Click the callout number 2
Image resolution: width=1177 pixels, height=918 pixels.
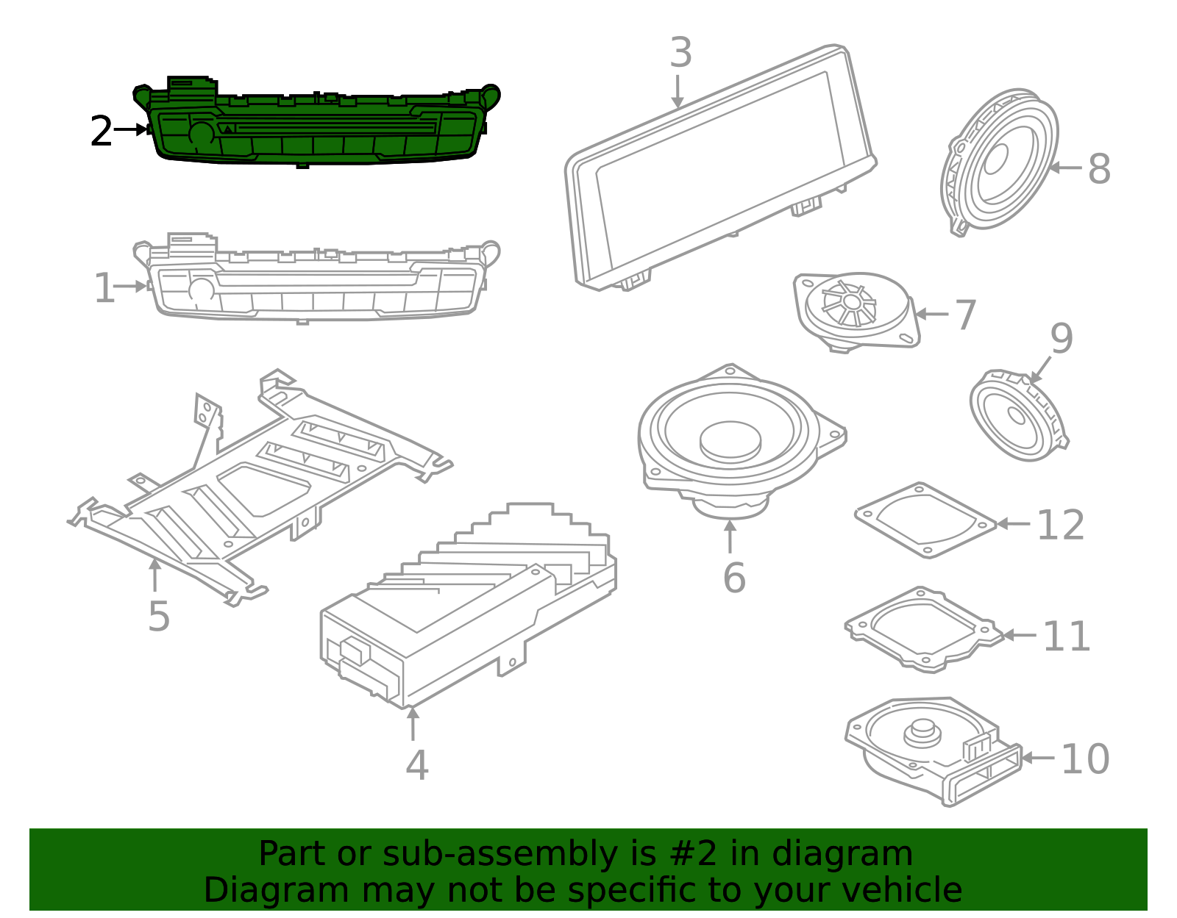coord(101,132)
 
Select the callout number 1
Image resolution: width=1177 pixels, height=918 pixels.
coord(104,288)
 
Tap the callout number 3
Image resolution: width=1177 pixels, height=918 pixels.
coord(681,53)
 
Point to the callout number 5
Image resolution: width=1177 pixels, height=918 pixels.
coord(158,616)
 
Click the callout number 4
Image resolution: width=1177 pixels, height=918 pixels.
coord(416,765)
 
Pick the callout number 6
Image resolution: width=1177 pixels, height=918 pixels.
coord(733,578)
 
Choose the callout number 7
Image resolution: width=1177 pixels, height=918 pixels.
coord(964,315)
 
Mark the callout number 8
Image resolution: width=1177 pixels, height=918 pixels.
coord(1098,168)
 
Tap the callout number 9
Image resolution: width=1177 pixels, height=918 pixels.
coord(1061,339)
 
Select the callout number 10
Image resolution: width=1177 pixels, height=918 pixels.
coord(1084,759)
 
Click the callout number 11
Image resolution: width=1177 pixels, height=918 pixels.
coord(1066,636)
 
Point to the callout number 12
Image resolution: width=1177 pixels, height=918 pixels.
coord(1060,525)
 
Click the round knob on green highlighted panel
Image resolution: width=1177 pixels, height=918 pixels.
coord(201,134)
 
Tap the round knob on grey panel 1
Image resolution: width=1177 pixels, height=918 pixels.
coord(201,289)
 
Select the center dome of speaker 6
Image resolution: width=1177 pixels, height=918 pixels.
coord(730,438)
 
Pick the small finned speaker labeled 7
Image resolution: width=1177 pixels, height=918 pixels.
coord(853,309)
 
